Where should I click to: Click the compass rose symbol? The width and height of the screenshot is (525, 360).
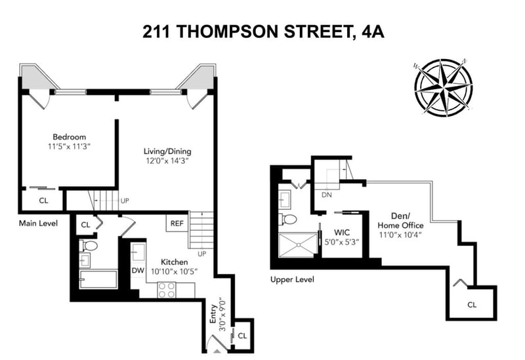(444, 88)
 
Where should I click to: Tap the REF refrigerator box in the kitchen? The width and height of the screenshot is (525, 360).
(177, 223)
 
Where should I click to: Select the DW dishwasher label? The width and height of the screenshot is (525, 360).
(138, 270)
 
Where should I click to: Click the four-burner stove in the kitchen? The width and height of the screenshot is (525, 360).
(167, 289)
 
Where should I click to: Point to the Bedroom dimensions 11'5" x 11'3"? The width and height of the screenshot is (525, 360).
(70, 146)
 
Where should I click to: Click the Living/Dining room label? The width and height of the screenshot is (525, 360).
(167, 151)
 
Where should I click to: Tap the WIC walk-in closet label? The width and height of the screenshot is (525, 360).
(342, 232)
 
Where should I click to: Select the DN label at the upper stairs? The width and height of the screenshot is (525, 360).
(326, 194)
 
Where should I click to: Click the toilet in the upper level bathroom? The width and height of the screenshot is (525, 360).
(288, 220)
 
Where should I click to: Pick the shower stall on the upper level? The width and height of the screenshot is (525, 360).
(298, 245)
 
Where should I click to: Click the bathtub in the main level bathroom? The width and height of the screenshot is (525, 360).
(98, 279)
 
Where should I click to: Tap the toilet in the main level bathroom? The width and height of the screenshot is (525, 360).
(89, 246)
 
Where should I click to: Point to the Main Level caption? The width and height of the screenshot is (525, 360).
(38, 223)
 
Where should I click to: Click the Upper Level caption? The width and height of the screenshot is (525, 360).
(292, 279)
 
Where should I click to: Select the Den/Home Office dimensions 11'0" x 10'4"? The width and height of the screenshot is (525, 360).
(400, 235)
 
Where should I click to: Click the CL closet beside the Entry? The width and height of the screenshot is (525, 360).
(242, 335)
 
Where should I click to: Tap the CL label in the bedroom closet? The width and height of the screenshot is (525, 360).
(43, 201)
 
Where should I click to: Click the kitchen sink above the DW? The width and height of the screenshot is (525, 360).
(138, 252)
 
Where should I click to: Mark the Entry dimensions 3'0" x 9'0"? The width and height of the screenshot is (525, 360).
(222, 315)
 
